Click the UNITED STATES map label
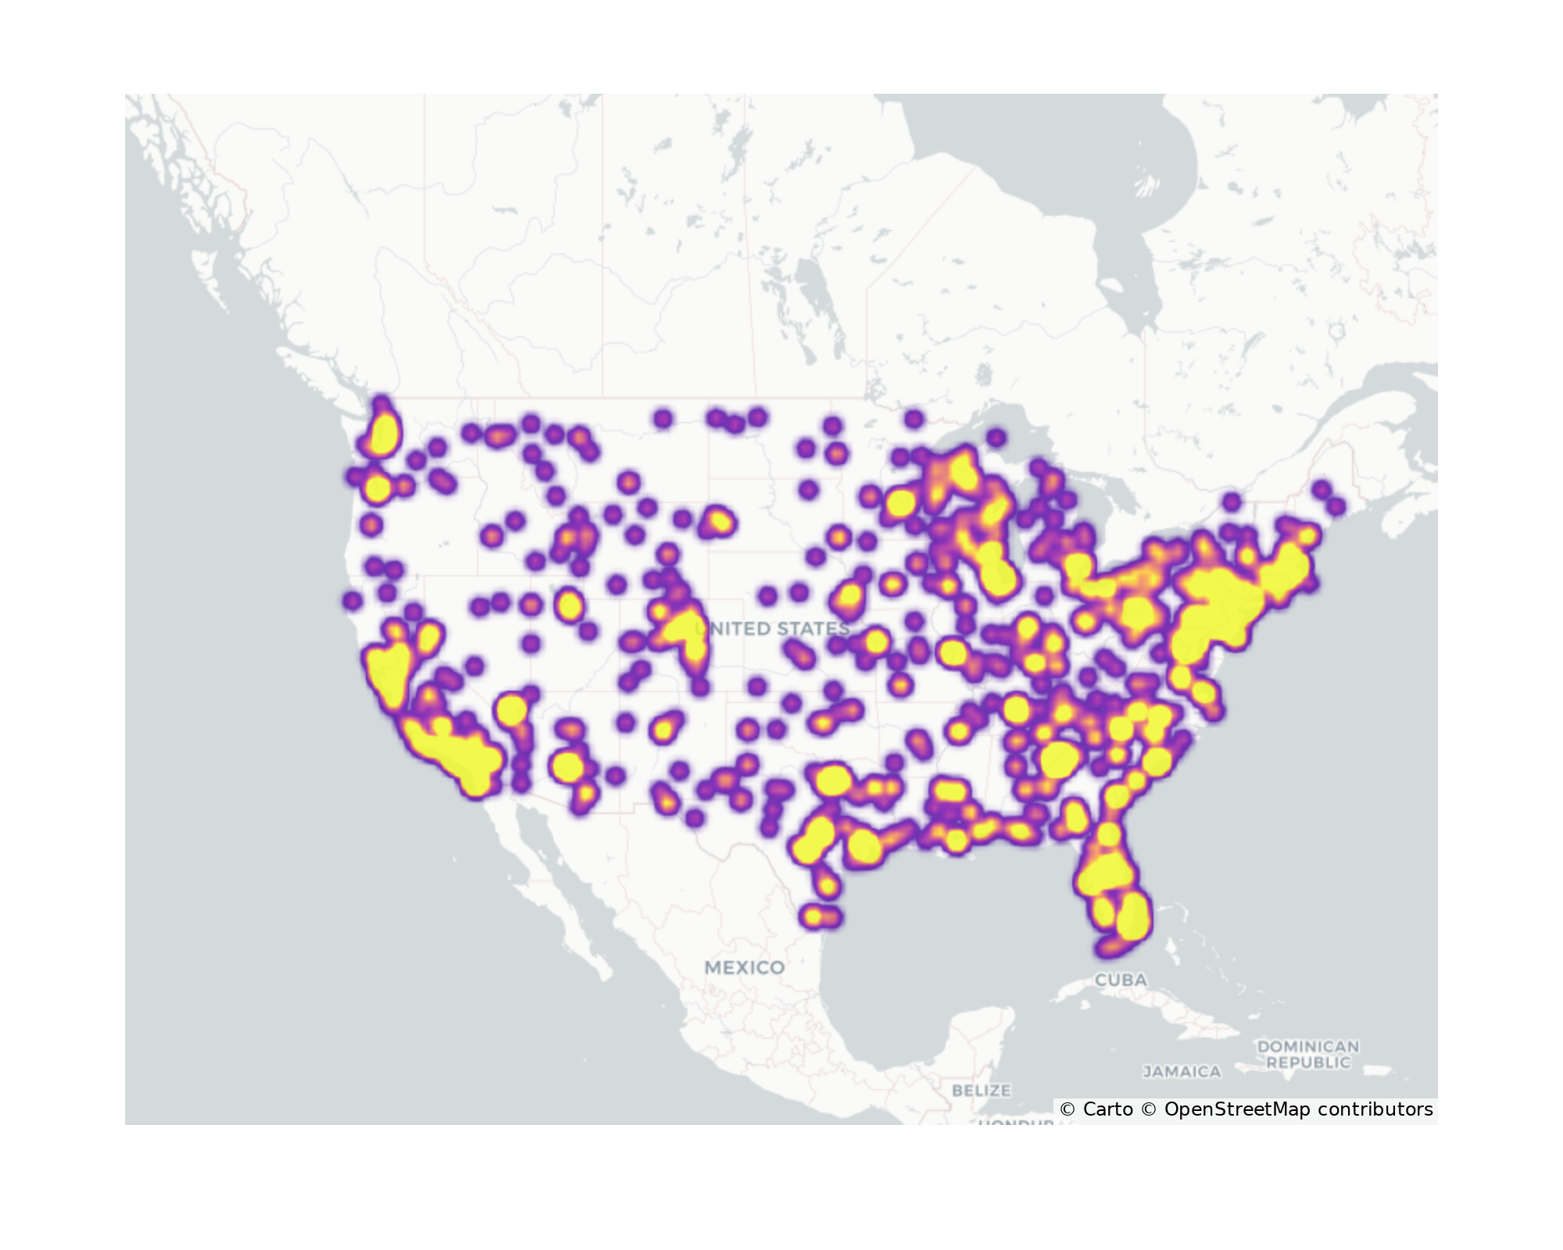772,628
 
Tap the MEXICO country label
744,967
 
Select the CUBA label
1121,980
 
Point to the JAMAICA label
1182,1072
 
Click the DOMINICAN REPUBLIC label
1308,1054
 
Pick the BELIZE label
981,1090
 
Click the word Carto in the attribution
1107,1109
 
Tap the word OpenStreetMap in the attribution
1237,1109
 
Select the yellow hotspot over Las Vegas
512,709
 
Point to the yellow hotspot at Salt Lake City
569,605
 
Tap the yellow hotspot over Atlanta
1059,759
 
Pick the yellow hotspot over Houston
864,846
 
